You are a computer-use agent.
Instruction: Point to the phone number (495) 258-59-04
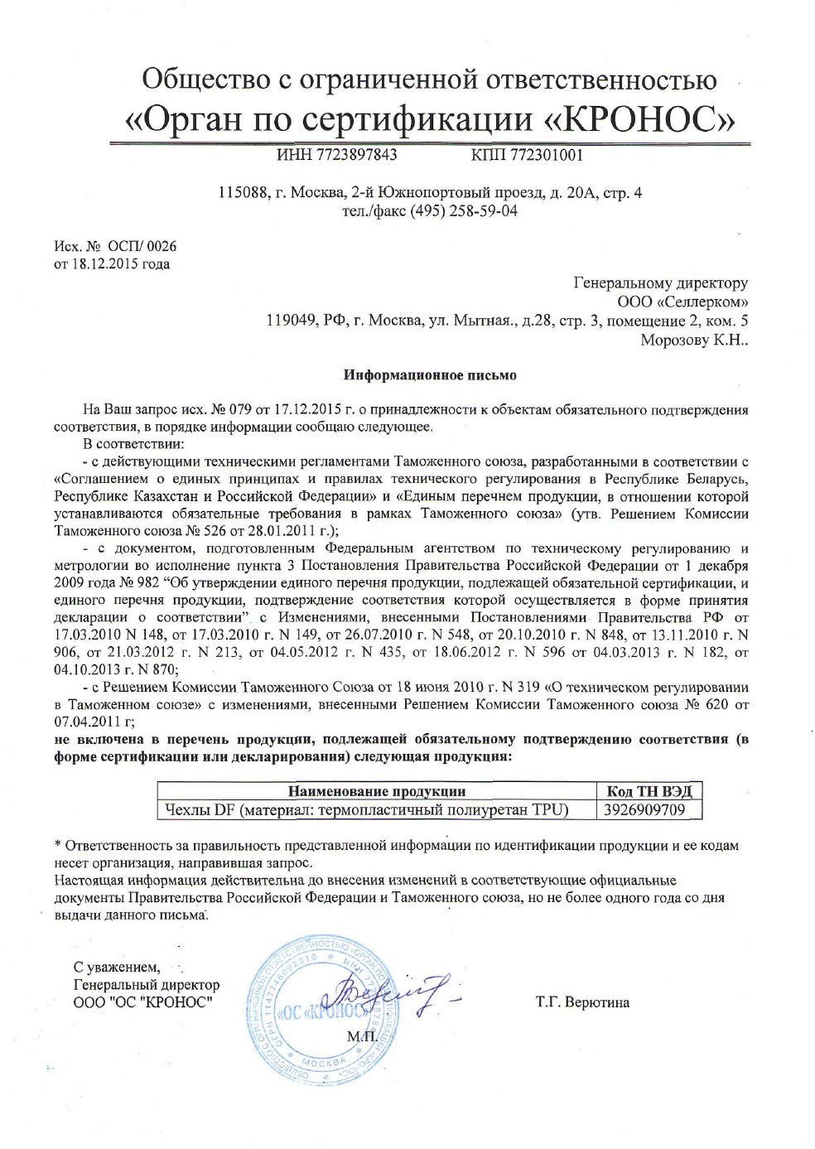470,210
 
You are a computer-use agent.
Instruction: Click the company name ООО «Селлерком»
682,302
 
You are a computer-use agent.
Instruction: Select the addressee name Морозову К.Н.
694,340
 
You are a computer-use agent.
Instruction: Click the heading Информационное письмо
430,375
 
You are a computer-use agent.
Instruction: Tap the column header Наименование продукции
377,791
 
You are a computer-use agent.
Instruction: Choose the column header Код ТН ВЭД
649,791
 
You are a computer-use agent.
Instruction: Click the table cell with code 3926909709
645,809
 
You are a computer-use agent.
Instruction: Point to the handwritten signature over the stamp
389,995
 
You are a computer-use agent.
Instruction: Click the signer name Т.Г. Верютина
582,1002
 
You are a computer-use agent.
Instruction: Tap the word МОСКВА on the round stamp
325,1062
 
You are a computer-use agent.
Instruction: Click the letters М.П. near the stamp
362,1036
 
